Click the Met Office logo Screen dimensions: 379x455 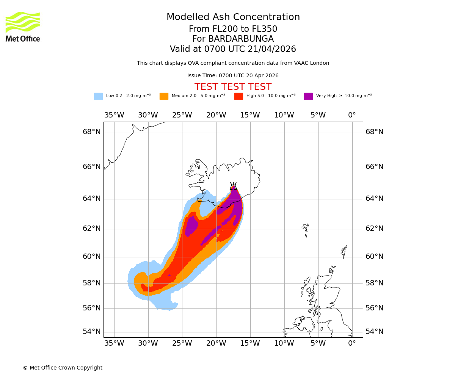pos(23,27)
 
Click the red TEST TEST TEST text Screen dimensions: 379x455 pos(233,87)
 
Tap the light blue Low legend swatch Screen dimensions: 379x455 pos(98,96)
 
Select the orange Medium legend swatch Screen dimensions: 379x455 pos(164,96)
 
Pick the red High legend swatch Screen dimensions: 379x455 pos(238,96)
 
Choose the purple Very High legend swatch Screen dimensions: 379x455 pos(308,96)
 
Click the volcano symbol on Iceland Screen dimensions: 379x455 pos(233,186)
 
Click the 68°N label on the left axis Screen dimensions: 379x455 pos(92,132)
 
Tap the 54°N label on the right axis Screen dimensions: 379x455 pos(375,332)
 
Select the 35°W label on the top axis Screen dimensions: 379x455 pos(114,115)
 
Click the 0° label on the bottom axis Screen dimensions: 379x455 pos(352,343)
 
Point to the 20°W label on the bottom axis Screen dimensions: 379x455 pos(216,343)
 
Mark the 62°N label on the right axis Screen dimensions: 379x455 pos(375,229)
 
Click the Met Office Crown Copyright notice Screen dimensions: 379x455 pos(63,368)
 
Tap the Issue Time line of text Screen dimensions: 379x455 pos(233,76)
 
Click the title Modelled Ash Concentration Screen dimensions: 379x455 pos(233,17)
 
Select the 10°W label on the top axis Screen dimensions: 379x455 pos(284,115)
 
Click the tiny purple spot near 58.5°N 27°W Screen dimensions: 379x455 pos(169,275)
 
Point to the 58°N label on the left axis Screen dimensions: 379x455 pos(92,283)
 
